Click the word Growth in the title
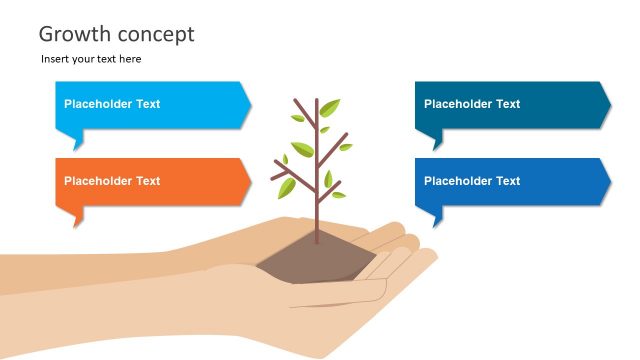pyautogui.click(x=72, y=35)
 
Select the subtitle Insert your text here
pyautogui.click(x=91, y=59)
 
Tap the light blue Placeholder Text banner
pyautogui.click(x=150, y=105)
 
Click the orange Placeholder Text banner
pyautogui.click(x=150, y=181)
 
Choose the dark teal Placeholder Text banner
pyautogui.click(x=510, y=105)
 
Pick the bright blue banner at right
pyautogui.click(x=510, y=181)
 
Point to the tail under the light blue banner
pyautogui.click(x=77, y=140)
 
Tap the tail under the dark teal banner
pyautogui.click(x=437, y=140)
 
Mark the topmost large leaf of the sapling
pyautogui.click(x=329, y=108)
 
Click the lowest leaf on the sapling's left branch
pyautogui.click(x=287, y=187)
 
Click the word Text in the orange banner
pyautogui.click(x=147, y=181)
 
